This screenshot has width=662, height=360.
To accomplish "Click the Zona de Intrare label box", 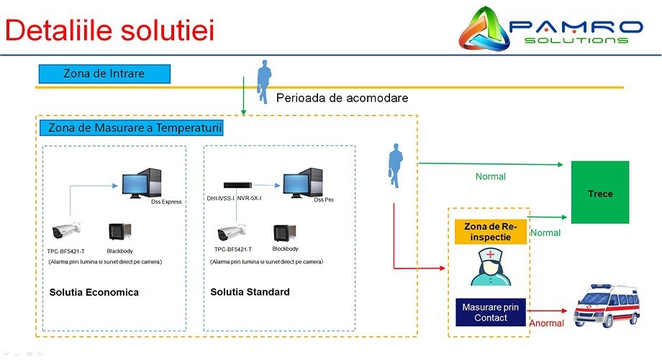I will tap(104, 73).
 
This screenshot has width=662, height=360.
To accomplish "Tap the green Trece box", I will tap(599, 193).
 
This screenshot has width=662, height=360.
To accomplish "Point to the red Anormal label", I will tap(546, 323).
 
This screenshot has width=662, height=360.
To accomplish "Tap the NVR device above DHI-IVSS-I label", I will tap(240, 184).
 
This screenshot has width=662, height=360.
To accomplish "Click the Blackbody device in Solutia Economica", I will tap(119, 232).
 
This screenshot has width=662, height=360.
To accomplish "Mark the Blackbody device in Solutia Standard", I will tap(284, 232).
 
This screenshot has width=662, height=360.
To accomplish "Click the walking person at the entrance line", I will tap(264, 77).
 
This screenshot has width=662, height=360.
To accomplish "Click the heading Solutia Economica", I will tap(94, 292).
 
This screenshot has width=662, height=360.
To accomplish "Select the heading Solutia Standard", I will tap(250, 292).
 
